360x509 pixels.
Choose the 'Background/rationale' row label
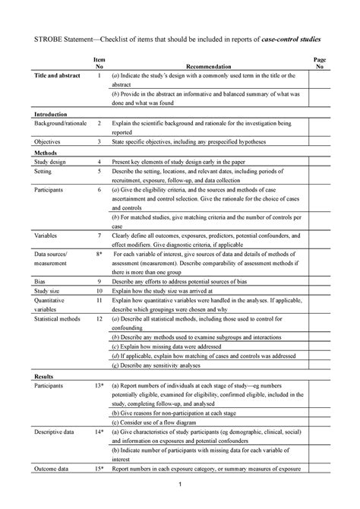55,122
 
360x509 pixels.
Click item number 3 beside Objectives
99,142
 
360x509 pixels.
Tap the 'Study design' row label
49,163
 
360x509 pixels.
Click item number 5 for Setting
99,172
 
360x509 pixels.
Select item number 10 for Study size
99,291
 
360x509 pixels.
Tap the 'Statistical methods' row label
58,321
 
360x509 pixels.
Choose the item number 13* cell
99,386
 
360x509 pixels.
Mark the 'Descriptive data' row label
54,432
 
